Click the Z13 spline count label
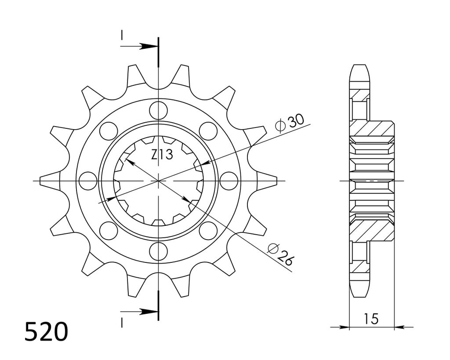point(162,155)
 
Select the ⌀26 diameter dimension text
point(280,255)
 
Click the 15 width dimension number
point(372,319)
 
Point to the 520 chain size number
point(47,331)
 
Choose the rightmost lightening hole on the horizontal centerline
point(229,181)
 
